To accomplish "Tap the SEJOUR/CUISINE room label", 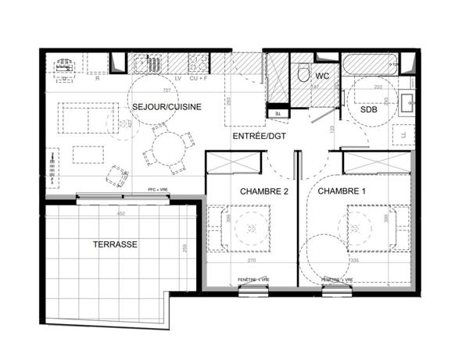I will [167, 106].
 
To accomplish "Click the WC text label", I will [322, 77].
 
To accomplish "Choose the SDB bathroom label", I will [370, 111].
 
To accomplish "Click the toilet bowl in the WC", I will [303, 74].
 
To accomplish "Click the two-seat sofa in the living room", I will [84, 119].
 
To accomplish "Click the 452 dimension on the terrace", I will [121, 212].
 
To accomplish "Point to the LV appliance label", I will [178, 79].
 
